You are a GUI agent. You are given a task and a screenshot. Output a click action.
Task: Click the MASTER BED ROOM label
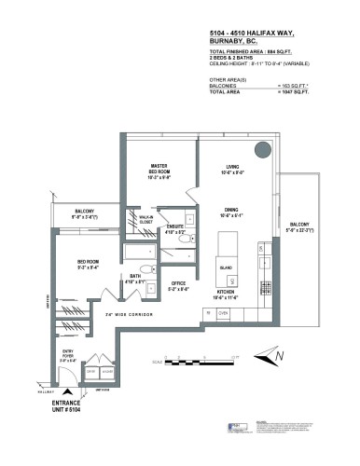coord(158,171)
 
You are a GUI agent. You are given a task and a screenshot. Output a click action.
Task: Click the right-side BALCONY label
coord(299,226)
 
